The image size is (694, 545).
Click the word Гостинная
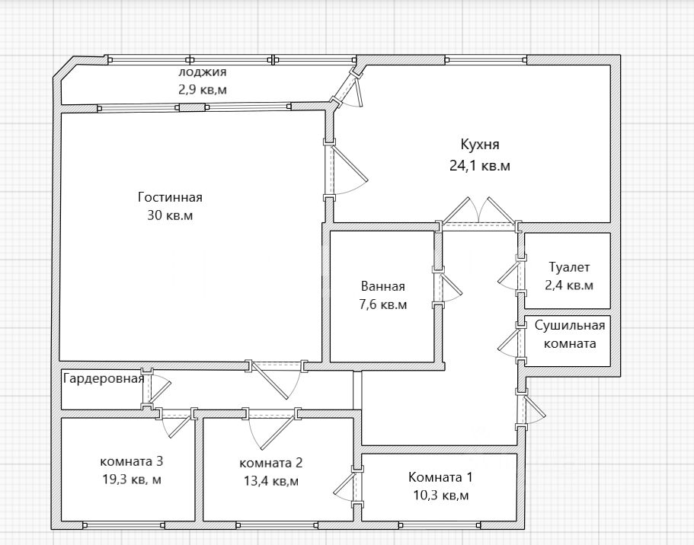(x=170, y=197)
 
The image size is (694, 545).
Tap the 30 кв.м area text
(x=170, y=215)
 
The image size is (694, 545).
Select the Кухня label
(x=480, y=145)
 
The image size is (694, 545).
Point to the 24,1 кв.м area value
(x=480, y=166)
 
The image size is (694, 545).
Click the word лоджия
(x=203, y=72)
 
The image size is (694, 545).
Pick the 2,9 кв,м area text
(x=203, y=89)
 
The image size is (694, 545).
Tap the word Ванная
(x=383, y=286)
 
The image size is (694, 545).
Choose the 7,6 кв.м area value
(x=383, y=304)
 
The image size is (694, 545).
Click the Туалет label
(x=569, y=267)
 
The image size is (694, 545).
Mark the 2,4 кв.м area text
(x=569, y=285)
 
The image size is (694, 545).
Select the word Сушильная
(x=570, y=326)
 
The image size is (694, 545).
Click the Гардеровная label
(x=104, y=378)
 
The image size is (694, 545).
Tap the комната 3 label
(x=132, y=461)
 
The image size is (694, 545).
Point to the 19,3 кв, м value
(x=132, y=480)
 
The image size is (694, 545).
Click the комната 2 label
(x=271, y=463)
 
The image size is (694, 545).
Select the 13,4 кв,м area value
(x=271, y=481)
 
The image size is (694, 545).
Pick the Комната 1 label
(x=440, y=477)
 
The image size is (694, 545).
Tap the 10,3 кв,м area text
(x=440, y=496)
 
